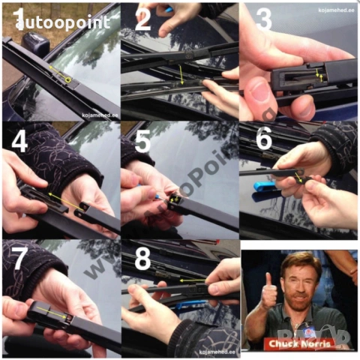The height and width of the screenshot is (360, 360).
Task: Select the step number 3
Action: pos(263,19)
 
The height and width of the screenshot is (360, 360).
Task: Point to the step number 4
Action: pos(19,140)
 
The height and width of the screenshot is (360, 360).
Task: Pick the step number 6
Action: pos(264,140)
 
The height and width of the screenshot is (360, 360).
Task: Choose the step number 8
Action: pos(142,259)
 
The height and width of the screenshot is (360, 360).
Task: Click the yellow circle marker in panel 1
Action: pos(68,79)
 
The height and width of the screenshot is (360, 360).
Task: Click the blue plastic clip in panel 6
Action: pos(267,185)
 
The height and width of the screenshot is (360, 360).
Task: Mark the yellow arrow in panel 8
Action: pos(194,280)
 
